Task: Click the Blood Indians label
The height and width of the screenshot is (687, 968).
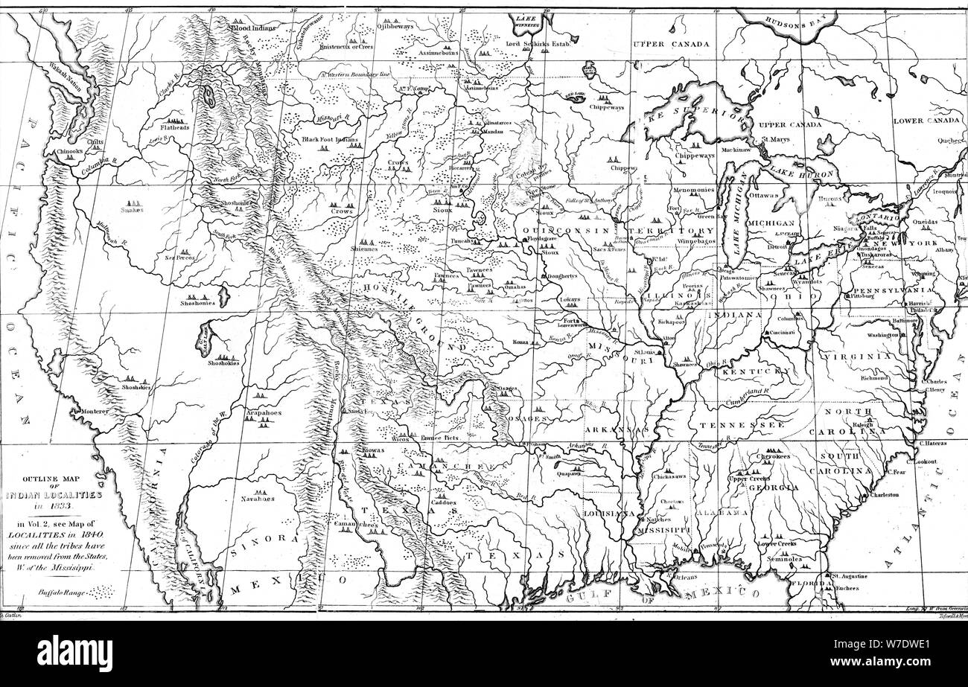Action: pos(254,28)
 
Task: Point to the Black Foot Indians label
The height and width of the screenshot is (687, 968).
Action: pos(330,139)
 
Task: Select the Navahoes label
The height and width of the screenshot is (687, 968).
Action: pos(257,499)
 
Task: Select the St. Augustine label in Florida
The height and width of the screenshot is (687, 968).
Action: pos(850,575)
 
